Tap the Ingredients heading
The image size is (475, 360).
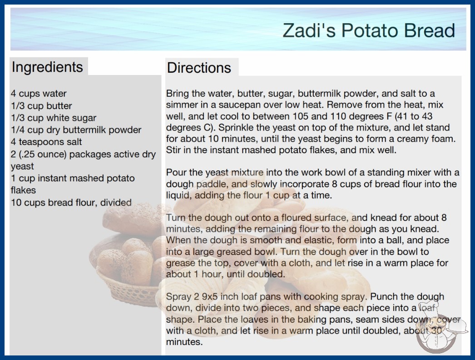tap(47, 67)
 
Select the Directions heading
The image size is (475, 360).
tap(199, 68)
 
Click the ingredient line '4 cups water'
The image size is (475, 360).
tap(39, 94)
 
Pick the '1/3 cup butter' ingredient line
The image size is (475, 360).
tap(41, 105)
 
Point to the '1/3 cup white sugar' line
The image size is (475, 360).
tap(54, 118)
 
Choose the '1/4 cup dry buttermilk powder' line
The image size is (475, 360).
tap(76, 130)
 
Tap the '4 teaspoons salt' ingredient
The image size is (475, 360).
tap(46, 142)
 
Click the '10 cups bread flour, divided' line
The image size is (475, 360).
tap(71, 202)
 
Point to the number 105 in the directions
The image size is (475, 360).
tap(301, 116)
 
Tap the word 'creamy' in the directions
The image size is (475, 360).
tap(415, 139)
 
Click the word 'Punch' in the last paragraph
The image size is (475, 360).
tap(385, 296)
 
